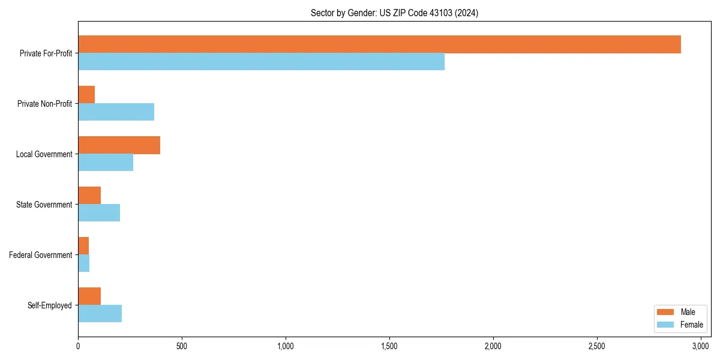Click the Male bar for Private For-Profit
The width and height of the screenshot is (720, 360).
coord(379,44)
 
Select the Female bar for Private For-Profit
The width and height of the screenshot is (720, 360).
coord(261,62)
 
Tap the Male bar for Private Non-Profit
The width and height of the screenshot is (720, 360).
coord(86,95)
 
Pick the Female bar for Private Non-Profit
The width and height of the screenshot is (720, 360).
coord(116,112)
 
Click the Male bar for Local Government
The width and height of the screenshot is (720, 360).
coord(119,145)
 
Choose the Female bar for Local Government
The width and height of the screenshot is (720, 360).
coord(106,163)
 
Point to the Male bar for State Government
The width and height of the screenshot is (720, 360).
coord(89,196)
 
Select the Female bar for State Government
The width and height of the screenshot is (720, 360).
coord(99,213)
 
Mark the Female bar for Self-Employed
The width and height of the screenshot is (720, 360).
coord(100,314)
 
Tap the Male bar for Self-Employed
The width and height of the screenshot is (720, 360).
coord(89,296)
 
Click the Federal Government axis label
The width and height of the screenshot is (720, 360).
coord(41,255)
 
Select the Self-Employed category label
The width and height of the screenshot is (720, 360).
coord(50,305)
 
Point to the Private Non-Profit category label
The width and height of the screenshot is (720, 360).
coord(45,104)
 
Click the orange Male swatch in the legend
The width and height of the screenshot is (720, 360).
coord(666,312)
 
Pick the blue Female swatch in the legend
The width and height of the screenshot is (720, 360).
coord(666,325)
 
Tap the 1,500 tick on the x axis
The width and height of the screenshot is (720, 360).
coord(389,346)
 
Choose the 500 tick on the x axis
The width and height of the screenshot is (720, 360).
coord(182,346)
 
